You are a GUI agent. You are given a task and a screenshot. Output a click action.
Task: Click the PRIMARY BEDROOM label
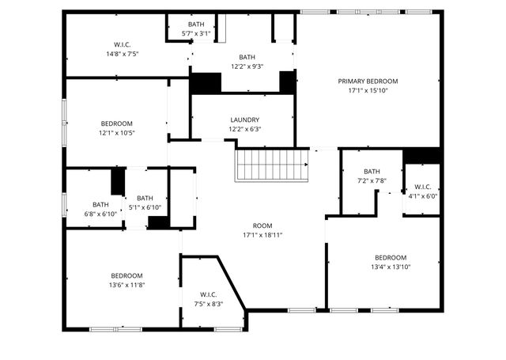tap(368, 81)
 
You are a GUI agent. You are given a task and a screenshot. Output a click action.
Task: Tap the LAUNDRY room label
tap(244, 120)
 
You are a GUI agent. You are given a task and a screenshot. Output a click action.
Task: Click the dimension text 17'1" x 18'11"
tap(262, 235)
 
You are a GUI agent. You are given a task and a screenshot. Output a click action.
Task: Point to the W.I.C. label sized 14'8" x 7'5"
tap(127, 44)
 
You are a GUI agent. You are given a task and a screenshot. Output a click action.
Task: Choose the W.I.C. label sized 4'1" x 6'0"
tap(422, 188)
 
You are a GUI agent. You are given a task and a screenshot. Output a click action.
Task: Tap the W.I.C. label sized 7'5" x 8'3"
tap(209, 294)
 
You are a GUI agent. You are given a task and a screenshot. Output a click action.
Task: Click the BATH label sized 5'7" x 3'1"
tap(195, 25)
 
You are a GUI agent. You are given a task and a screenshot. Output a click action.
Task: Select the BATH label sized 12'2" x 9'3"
tap(247, 57)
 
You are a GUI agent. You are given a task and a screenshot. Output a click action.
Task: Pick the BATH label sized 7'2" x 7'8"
tap(372, 172)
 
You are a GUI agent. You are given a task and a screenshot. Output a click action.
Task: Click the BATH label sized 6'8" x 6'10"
tap(100, 204)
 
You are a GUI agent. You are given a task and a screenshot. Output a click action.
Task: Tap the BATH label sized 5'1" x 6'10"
tap(145, 199)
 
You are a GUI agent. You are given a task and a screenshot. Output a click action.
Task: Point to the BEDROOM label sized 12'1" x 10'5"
tap(116, 123)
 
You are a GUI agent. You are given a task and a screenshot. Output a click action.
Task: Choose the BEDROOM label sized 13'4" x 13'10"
tap(391, 257)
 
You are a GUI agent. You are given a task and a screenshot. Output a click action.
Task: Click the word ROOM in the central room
tap(262, 225)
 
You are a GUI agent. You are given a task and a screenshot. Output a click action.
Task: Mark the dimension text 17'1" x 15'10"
tap(368, 90)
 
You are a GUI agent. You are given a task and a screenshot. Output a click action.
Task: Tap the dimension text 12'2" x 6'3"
tap(244, 129)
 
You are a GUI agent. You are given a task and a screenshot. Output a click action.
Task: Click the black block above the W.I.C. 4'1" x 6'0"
tap(421, 156)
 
